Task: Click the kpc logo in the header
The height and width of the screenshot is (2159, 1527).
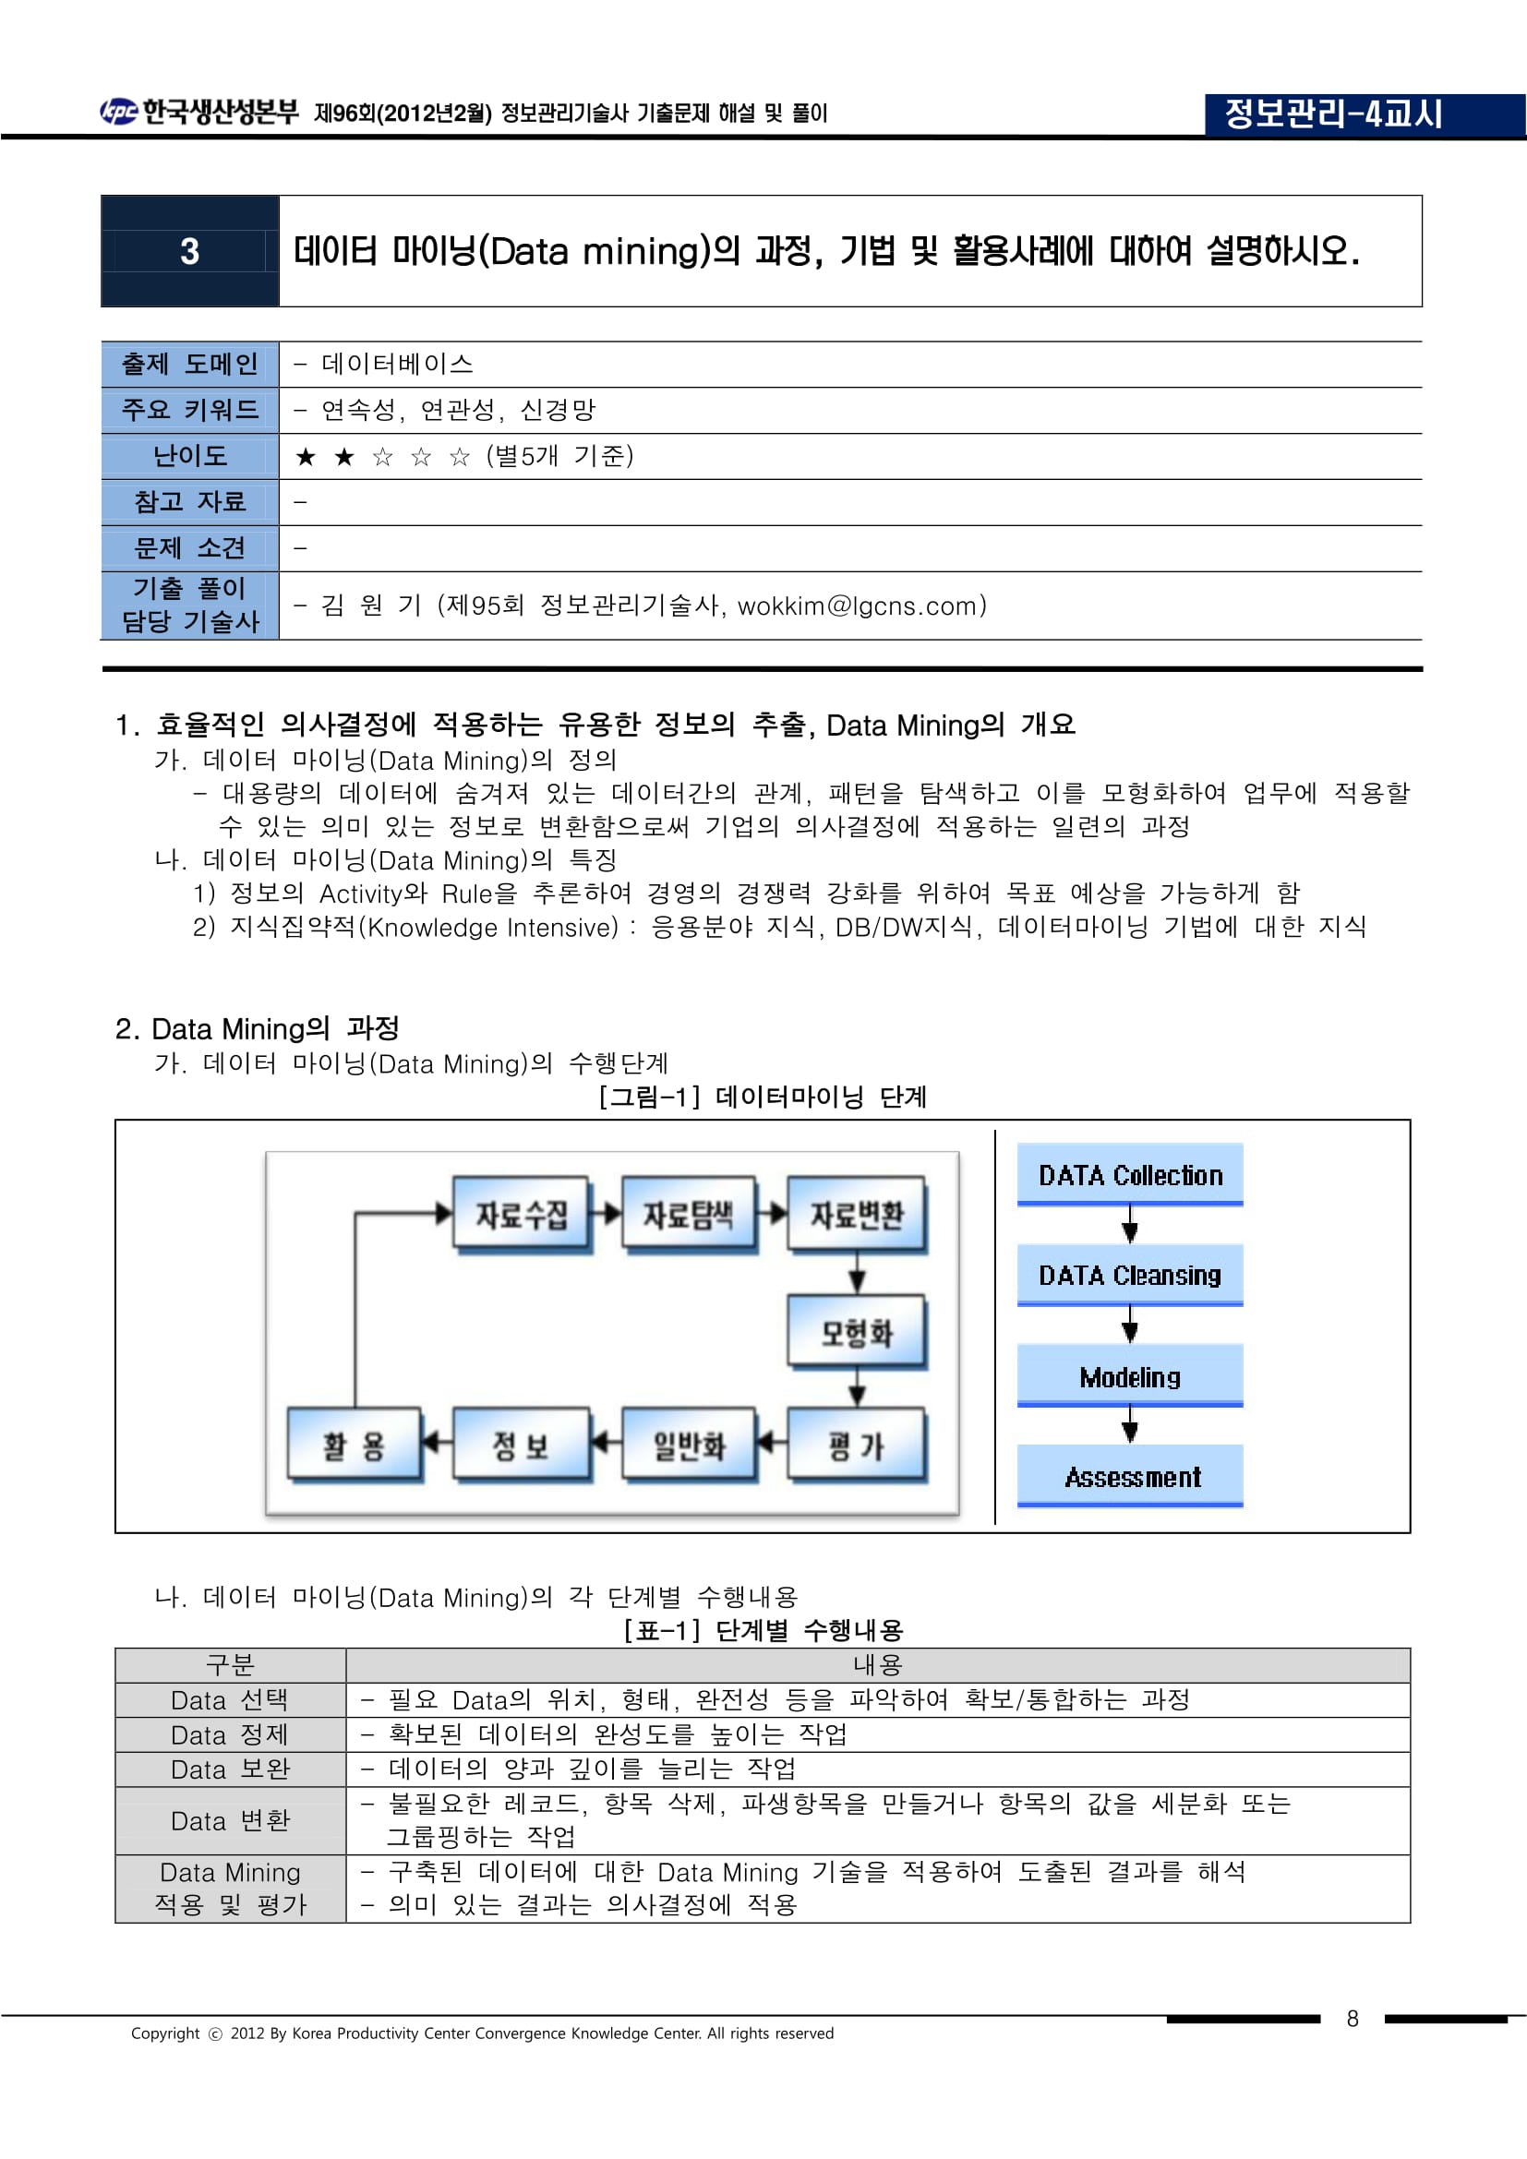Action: pos(118,112)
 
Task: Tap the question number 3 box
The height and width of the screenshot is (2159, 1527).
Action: pos(190,251)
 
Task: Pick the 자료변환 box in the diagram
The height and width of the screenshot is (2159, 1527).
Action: pos(856,1214)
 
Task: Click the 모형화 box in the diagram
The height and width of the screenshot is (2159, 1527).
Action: pos(856,1332)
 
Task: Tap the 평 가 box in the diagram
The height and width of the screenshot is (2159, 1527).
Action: pos(856,1445)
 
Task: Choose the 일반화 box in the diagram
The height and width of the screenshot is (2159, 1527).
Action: pos(689,1445)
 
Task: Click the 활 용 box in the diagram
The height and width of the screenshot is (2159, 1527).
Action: pos(354,1445)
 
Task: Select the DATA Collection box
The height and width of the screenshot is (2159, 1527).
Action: pos(1129,1174)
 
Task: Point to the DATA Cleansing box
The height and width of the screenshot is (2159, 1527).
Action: pos(1129,1275)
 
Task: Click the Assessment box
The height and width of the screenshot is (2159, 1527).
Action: pos(1131,1476)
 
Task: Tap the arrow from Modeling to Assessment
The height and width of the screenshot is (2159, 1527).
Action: pos(1130,1425)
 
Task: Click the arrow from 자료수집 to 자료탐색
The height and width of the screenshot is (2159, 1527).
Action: pos(607,1213)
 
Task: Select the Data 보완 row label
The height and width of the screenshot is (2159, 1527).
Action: pos(231,1769)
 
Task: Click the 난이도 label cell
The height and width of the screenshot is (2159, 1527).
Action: pos(190,456)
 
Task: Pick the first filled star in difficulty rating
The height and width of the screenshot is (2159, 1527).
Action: pos(306,457)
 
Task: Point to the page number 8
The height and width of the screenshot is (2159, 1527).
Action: pos(1353,2018)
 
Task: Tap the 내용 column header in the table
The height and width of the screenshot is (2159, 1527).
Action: pos(877,1665)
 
